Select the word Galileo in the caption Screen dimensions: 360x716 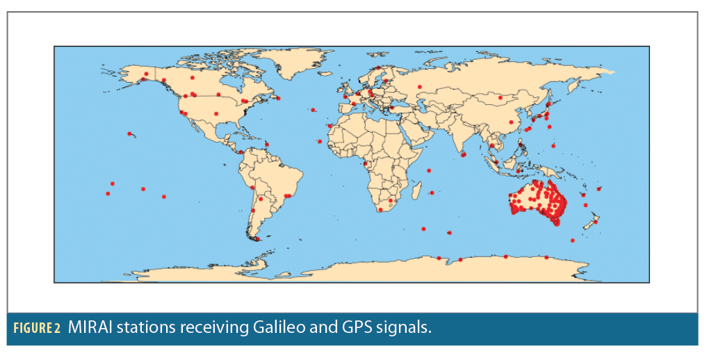click(x=265, y=327)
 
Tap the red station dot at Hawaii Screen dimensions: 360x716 click(x=129, y=133)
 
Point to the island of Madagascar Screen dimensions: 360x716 click(x=417, y=190)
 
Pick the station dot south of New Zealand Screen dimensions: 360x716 click(x=572, y=240)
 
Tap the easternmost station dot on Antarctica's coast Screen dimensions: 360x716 click(x=546, y=257)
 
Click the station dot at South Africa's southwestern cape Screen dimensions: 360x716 click(x=380, y=209)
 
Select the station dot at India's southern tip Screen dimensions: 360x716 click(x=464, y=155)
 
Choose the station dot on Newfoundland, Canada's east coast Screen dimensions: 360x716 click(x=279, y=98)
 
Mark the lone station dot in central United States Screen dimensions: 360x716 click(x=215, y=113)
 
